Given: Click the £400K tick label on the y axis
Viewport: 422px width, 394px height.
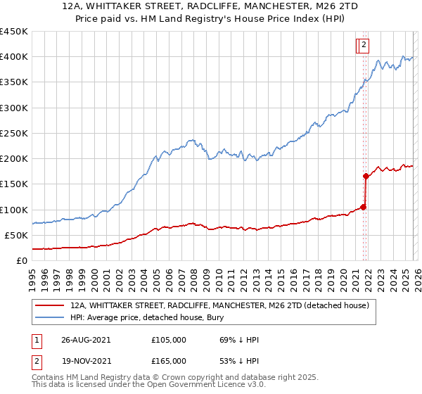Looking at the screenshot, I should click(14, 57).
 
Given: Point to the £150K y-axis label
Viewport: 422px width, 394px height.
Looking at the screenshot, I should click(14, 184).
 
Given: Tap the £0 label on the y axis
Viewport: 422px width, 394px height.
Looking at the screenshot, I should click(23, 261).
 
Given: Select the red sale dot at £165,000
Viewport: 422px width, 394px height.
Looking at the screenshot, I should click(366, 177).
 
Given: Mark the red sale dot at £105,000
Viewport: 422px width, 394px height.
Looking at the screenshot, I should click(364, 207).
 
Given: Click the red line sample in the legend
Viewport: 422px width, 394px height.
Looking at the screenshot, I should click(49, 305).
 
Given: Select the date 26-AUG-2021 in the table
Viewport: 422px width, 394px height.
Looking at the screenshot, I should click(86, 339).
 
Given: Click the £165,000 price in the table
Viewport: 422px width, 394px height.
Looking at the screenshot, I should click(169, 360).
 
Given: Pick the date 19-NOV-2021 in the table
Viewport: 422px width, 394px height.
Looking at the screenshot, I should click(86, 360).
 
